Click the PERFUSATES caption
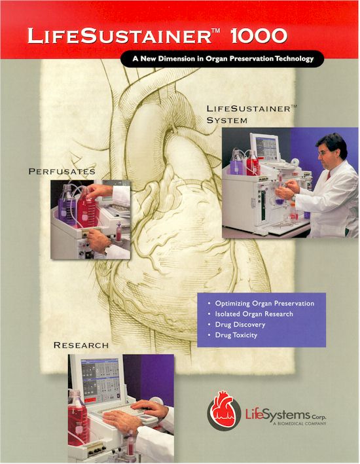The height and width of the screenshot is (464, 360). click(62, 171)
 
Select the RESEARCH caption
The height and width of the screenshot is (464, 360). click(81, 346)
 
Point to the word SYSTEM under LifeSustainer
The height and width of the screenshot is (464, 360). click(227, 120)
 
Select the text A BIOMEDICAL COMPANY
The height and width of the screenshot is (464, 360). click(299, 423)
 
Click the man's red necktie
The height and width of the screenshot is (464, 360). click(329, 175)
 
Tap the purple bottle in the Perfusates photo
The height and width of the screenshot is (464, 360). click(66, 205)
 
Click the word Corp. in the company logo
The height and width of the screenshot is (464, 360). click(319, 417)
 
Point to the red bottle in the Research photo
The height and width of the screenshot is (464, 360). click(78, 417)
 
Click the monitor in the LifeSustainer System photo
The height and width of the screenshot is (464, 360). click(265, 147)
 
